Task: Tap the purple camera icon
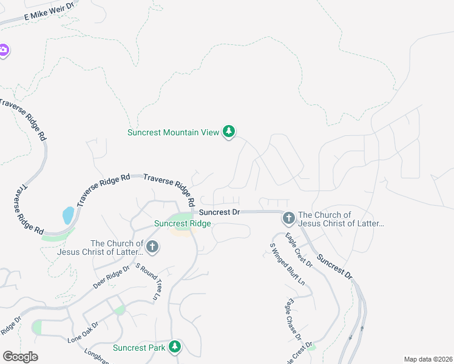pos(4,50)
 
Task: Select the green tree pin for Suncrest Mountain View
pos(229,132)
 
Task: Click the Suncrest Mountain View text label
pos(173,132)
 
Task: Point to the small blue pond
pos(68,215)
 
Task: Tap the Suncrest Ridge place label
pos(182,223)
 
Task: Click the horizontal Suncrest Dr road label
pos(220,212)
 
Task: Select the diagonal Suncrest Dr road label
pos(334,266)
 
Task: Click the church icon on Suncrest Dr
pos(288,217)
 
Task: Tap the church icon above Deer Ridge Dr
pos(152,246)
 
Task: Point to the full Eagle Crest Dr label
pos(299,252)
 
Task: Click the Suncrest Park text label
pos(139,348)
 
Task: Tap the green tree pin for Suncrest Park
pos(175,346)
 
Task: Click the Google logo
pos(20,357)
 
